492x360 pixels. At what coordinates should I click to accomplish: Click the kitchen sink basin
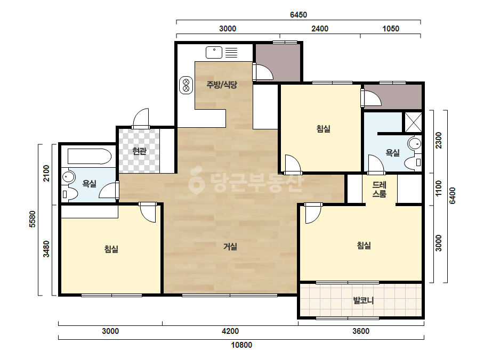coord(214,52)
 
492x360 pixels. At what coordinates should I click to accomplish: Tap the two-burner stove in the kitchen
coord(185,85)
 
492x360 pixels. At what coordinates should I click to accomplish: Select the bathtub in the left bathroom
coord(90,156)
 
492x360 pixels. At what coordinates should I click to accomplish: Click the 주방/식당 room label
coord(222,84)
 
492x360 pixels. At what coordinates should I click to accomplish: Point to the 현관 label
coord(139,151)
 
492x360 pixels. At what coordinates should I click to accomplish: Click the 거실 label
coord(230,247)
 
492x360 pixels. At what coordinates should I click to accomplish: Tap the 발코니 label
coord(364,300)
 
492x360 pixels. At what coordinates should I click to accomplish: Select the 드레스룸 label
coord(379,190)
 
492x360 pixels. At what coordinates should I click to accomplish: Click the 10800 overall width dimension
coord(241,345)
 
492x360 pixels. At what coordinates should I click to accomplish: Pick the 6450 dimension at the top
coord(299,15)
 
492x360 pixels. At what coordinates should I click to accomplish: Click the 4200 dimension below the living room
coord(230,331)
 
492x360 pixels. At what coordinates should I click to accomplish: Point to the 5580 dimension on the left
coord(33,219)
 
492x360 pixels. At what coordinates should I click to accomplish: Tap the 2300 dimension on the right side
coord(438,141)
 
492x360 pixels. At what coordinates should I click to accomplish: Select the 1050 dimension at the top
coord(391,29)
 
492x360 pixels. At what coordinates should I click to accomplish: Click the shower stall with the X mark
coord(413,121)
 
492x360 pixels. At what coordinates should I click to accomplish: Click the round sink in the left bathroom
coord(68,177)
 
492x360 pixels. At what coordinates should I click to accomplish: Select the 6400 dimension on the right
coord(452,196)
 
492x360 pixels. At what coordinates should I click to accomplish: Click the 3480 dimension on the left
coord(46,249)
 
